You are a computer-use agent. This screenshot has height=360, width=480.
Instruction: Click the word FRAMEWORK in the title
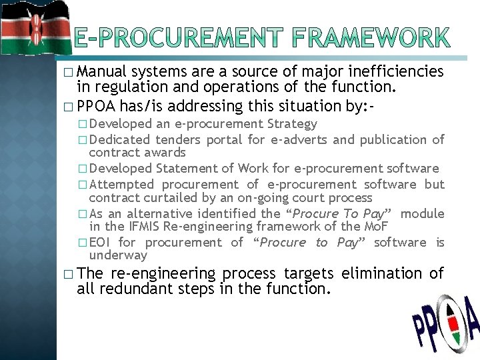pos(367,38)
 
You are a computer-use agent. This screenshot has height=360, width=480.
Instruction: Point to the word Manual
pos(101,71)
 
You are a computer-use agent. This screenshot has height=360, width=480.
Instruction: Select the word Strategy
pos(292,124)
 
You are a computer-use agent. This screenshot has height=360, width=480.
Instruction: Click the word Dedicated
pos(119,139)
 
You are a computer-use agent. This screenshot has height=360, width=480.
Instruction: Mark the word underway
pos(118,255)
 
